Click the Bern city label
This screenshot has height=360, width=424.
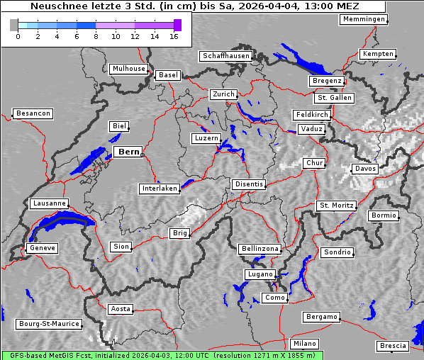point(128,152)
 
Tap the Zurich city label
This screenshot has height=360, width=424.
point(223,94)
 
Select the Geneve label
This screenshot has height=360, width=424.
point(42,248)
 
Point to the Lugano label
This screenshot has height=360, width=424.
point(259,274)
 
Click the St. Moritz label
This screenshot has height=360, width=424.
point(336,206)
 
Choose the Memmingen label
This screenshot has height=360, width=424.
point(364,19)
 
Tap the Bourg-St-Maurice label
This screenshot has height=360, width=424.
point(48,324)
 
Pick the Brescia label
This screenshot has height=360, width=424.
point(393,346)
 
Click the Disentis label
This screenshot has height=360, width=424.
point(248,184)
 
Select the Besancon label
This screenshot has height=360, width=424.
point(33,113)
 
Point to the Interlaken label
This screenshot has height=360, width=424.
point(160,189)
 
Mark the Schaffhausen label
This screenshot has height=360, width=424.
point(225,55)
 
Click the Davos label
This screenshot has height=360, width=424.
point(365,169)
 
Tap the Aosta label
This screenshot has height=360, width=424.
point(121,309)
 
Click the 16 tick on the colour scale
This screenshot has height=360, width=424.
point(174,35)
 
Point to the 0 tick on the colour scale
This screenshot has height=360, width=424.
point(18,35)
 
